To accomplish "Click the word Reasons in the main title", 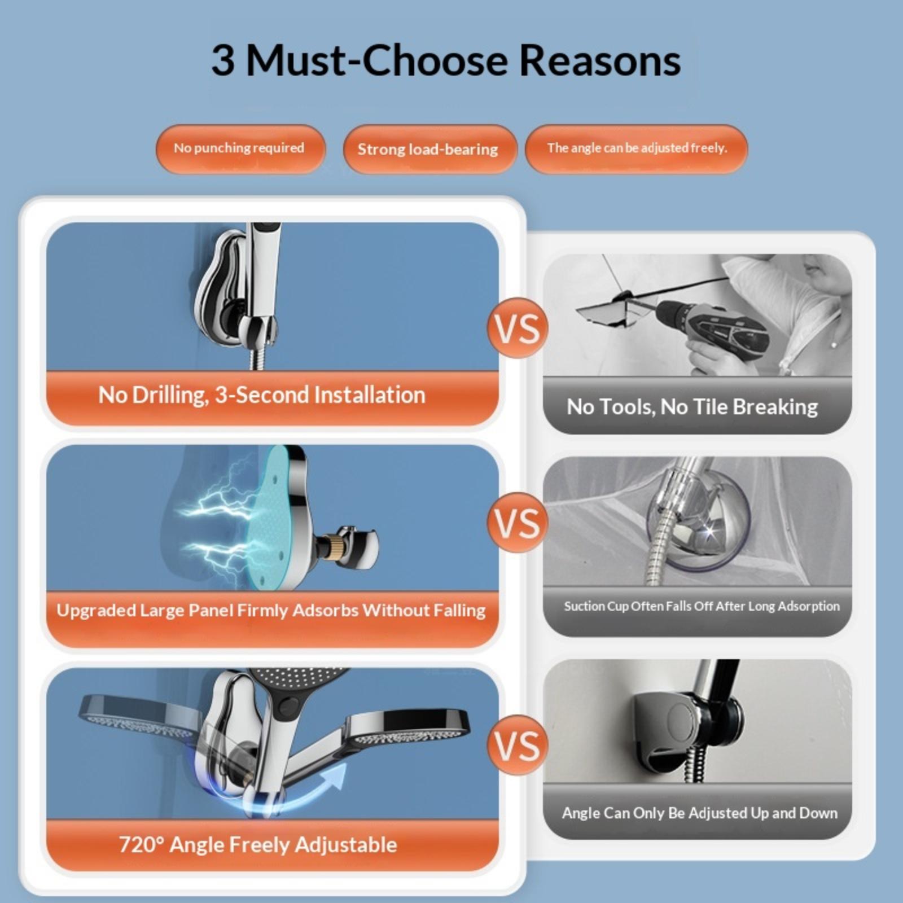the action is click(599, 60).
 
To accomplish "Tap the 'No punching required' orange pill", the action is click(240, 148).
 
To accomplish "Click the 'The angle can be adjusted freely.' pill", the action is click(636, 148).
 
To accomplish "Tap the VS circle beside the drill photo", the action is click(518, 328).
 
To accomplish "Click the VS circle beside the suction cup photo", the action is click(518, 523).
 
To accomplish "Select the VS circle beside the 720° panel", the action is click(518, 745).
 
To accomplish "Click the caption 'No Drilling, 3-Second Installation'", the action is click(262, 395).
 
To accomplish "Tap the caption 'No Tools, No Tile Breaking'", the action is click(692, 407).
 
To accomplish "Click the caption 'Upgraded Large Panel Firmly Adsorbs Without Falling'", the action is click(271, 611).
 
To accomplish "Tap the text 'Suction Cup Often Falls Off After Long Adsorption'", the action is click(702, 606).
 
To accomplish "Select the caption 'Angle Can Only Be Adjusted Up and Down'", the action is click(699, 813).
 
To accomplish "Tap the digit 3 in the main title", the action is click(223, 60).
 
